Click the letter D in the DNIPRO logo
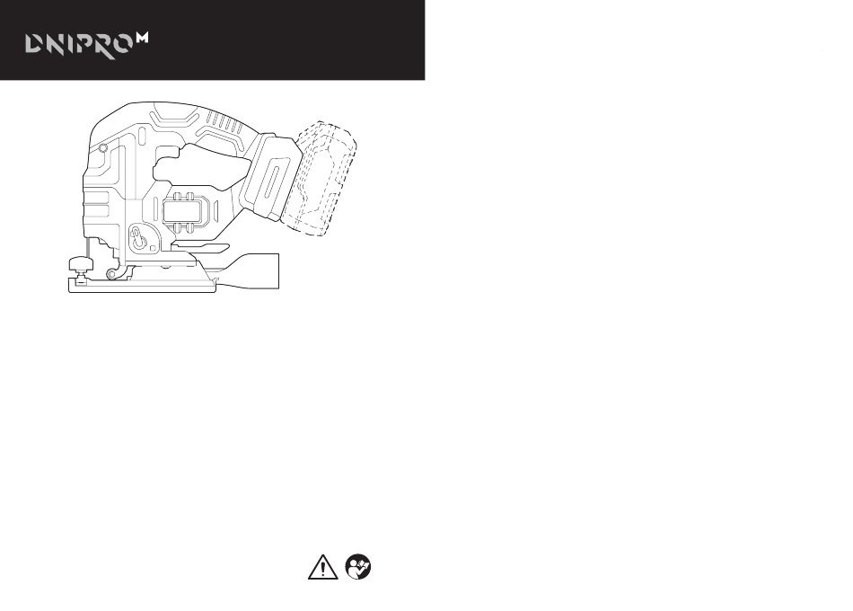(34, 45)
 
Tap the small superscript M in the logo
(142, 38)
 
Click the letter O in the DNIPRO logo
(121, 45)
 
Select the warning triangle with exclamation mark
(322, 567)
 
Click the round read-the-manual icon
(358, 567)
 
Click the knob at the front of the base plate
(81, 266)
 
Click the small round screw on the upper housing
(103, 147)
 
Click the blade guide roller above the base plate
(112, 273)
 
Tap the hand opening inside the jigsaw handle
(201, 165)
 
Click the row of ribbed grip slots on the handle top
(225, 122)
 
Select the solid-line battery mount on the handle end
(270, 175)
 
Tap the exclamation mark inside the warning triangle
(322, 569)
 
